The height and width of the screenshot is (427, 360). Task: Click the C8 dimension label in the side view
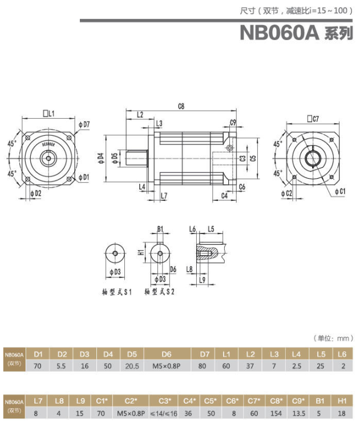pos(181,106)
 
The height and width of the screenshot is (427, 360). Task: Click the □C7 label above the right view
pos(313,119)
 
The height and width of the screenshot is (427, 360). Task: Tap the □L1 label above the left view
pos(48,114)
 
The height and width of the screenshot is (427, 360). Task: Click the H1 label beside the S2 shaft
pos(140,251)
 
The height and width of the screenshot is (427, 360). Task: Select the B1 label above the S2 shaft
pos(160,229)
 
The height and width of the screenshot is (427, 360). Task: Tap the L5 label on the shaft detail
pos(211,229)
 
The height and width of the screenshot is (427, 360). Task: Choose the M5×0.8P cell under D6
pos(167,366)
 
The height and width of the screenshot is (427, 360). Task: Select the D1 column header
pos(39,354)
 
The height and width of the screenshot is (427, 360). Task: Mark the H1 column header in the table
pos(342,401)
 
